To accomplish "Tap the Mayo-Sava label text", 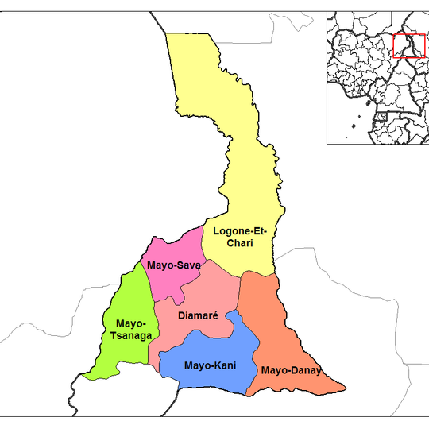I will pos(174,265).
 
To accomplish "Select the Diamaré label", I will pos(198,315).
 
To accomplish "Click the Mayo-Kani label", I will pos(208,366).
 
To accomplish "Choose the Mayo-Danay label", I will pos(290,370).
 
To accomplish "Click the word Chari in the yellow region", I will pos(239,243).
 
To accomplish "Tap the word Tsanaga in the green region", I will pos(131,336).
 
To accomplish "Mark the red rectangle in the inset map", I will pos(409,45).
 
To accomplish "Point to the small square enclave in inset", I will pos(384,116).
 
